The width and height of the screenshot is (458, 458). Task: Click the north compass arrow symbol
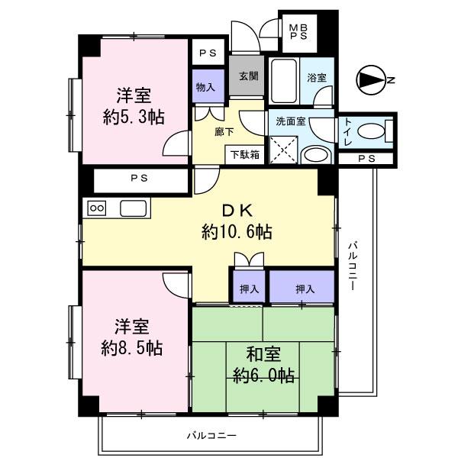373,79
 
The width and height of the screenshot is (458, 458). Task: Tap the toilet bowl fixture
372,132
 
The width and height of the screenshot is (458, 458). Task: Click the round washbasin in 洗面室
316,155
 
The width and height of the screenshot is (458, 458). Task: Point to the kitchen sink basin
134,208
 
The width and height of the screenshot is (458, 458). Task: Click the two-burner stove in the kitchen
98,207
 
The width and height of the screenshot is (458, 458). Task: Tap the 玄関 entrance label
247,76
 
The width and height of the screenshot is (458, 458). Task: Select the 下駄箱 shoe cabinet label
244,154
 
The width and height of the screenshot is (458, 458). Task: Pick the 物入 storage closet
207,86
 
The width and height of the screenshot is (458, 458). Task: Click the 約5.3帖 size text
134,117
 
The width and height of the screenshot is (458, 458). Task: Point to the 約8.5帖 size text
132,347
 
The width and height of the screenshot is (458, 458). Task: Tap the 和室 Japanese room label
263,354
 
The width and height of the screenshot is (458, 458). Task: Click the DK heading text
237,211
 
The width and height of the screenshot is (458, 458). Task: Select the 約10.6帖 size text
237,231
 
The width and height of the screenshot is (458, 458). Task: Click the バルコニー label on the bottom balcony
211,436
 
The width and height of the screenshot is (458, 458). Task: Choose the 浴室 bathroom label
316,77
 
